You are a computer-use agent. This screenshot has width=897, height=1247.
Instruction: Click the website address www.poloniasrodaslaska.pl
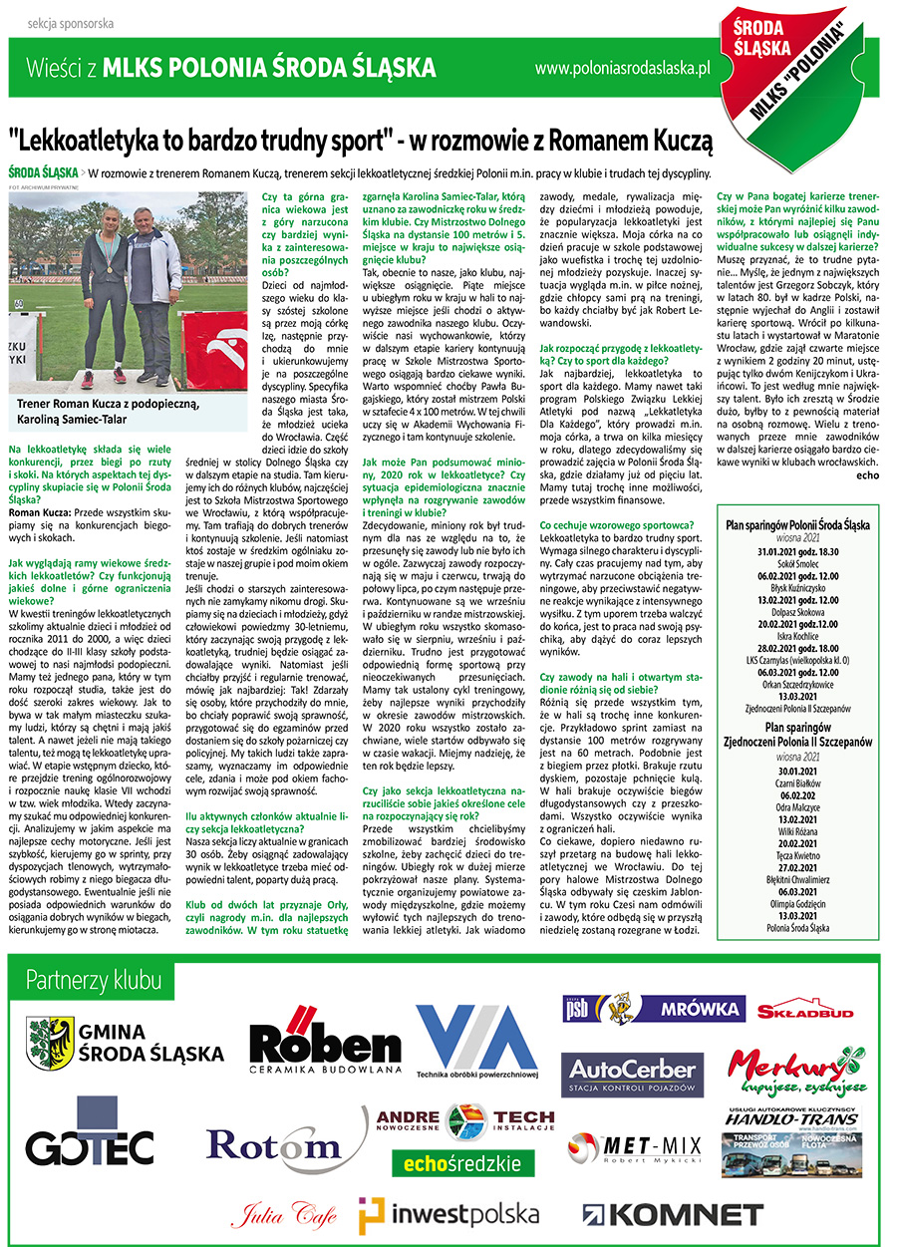coord(622,68)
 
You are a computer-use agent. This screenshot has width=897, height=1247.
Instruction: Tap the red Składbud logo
coord(805,1011)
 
